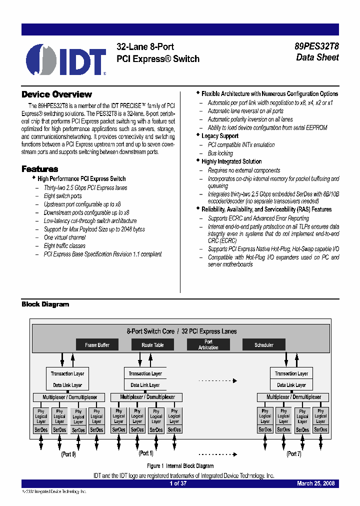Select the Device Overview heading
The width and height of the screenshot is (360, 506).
tap(56, 94)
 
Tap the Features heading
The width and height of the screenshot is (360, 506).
tap(39, 169)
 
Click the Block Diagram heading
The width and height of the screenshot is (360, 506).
tap(45, 304)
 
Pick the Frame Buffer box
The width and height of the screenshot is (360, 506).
tap(97, 345)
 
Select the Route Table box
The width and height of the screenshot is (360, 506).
tap(152, 345)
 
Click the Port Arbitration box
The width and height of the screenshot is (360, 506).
tap(208, 345)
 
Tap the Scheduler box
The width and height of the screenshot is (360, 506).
tap(264, 345)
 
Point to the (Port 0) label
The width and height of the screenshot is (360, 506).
tap(68, 454)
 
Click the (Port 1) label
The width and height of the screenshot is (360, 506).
tap(145, 453)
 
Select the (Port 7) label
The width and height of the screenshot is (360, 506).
tap(293, 454)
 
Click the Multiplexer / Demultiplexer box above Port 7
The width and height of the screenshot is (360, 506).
tap(293, 397)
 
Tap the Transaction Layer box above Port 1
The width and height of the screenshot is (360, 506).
tap(145, 373)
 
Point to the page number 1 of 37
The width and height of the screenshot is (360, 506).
tap(177, 483)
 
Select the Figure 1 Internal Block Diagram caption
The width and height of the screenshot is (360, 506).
tap(180, 465)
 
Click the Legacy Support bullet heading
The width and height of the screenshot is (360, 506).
tap(219, 136)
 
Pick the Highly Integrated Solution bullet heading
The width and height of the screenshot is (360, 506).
tap(231, 161)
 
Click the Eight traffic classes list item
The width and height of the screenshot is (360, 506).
tap(64, 246)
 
